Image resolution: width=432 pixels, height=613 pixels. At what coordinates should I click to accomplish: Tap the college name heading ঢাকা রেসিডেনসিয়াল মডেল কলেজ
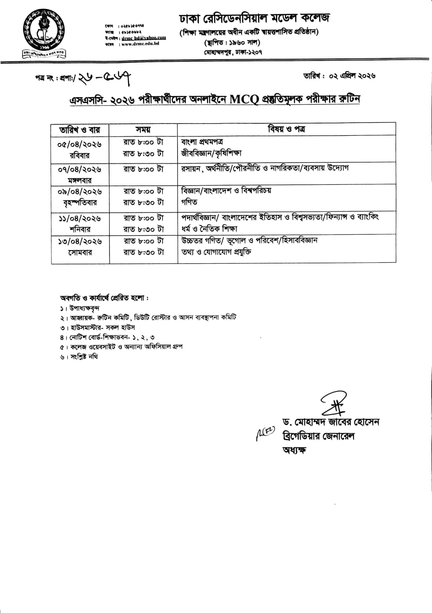[x=254, y=18]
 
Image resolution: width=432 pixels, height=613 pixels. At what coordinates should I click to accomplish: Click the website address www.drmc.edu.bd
[x=139, y=43]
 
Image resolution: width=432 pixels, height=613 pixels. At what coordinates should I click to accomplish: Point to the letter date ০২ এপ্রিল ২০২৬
[x=339, y=76]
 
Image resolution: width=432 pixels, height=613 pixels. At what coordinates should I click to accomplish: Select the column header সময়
[x=143, y=130]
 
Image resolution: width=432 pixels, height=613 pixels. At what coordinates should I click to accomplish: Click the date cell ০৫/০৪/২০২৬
[x=80, y=144]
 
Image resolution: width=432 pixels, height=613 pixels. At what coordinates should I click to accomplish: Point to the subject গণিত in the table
[x=189, y=202]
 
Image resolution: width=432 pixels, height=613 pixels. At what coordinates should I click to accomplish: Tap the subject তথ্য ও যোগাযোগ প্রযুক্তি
[x=216, y=252]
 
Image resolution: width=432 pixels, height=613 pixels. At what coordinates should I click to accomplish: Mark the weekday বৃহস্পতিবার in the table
[x=80, y=203]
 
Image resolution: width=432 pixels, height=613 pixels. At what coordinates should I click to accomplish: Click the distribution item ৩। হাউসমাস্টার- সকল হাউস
[x=97, y=327]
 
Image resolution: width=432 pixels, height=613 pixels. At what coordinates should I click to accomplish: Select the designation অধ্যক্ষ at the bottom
[x=294, y=450]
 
